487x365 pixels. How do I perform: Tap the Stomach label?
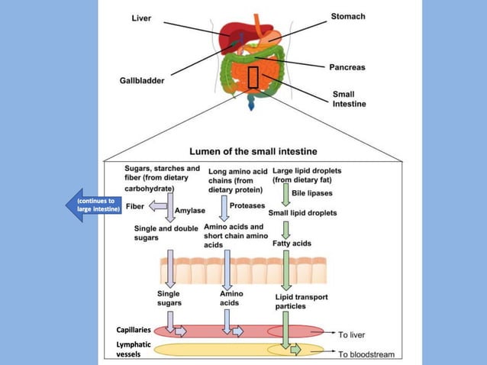coord(347,16)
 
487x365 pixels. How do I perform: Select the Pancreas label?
coord(346,67)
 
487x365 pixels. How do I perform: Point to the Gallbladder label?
coord(142,79)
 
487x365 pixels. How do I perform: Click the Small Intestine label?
coord(349,99)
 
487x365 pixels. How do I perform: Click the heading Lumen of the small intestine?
coord(253,150)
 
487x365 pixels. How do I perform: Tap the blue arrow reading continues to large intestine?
coord(92,206)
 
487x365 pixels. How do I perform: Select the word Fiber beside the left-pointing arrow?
coord(135,206)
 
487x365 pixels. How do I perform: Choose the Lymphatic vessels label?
coord(133,349)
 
